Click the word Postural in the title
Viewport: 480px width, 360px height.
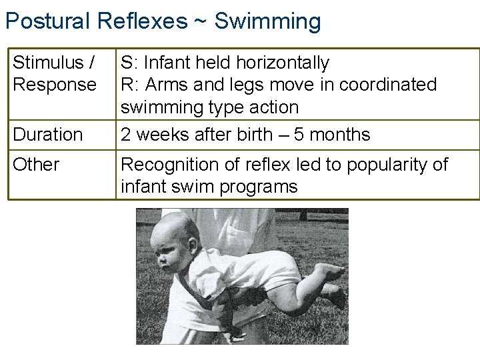[48, 21]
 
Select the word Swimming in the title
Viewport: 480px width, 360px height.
[267, 22]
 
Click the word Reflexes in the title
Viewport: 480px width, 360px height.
[143, 21]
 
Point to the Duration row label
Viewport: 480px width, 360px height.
[48, 135]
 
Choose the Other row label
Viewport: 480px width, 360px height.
[36, 164]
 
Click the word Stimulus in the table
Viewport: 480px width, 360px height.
[49, 63]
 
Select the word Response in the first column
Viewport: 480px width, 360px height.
[55, 85]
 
